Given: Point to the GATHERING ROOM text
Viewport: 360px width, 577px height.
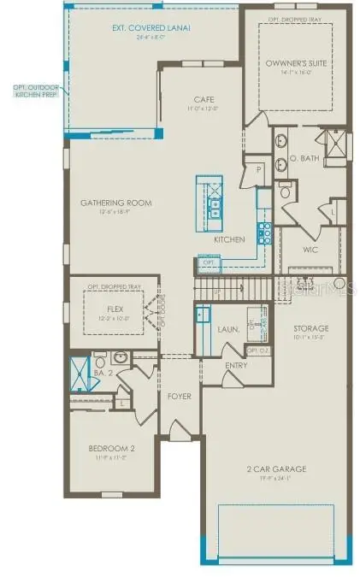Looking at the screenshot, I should click(x=116, y=203).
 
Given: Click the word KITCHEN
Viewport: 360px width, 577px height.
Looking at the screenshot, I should click(x=228, y=240).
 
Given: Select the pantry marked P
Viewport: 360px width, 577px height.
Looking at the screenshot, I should click(x=258, y=169).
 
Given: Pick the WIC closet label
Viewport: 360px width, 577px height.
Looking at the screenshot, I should click(x=310, y=251).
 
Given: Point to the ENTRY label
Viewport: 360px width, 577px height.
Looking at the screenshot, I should click(x=236, y=366).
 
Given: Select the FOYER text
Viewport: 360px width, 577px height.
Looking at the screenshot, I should click(x=180, y=397).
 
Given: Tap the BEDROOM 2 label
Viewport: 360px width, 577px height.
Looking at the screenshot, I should click(x=112, y=447).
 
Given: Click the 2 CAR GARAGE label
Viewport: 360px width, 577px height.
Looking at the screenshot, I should click(x=277, y=469).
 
